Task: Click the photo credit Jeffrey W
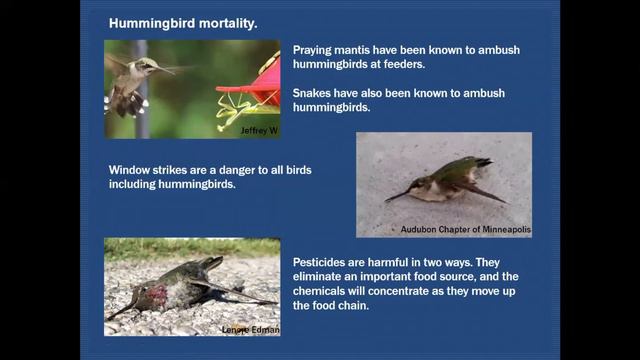click(x=258, y=130)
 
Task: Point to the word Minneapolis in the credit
click(x=497, y=230)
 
